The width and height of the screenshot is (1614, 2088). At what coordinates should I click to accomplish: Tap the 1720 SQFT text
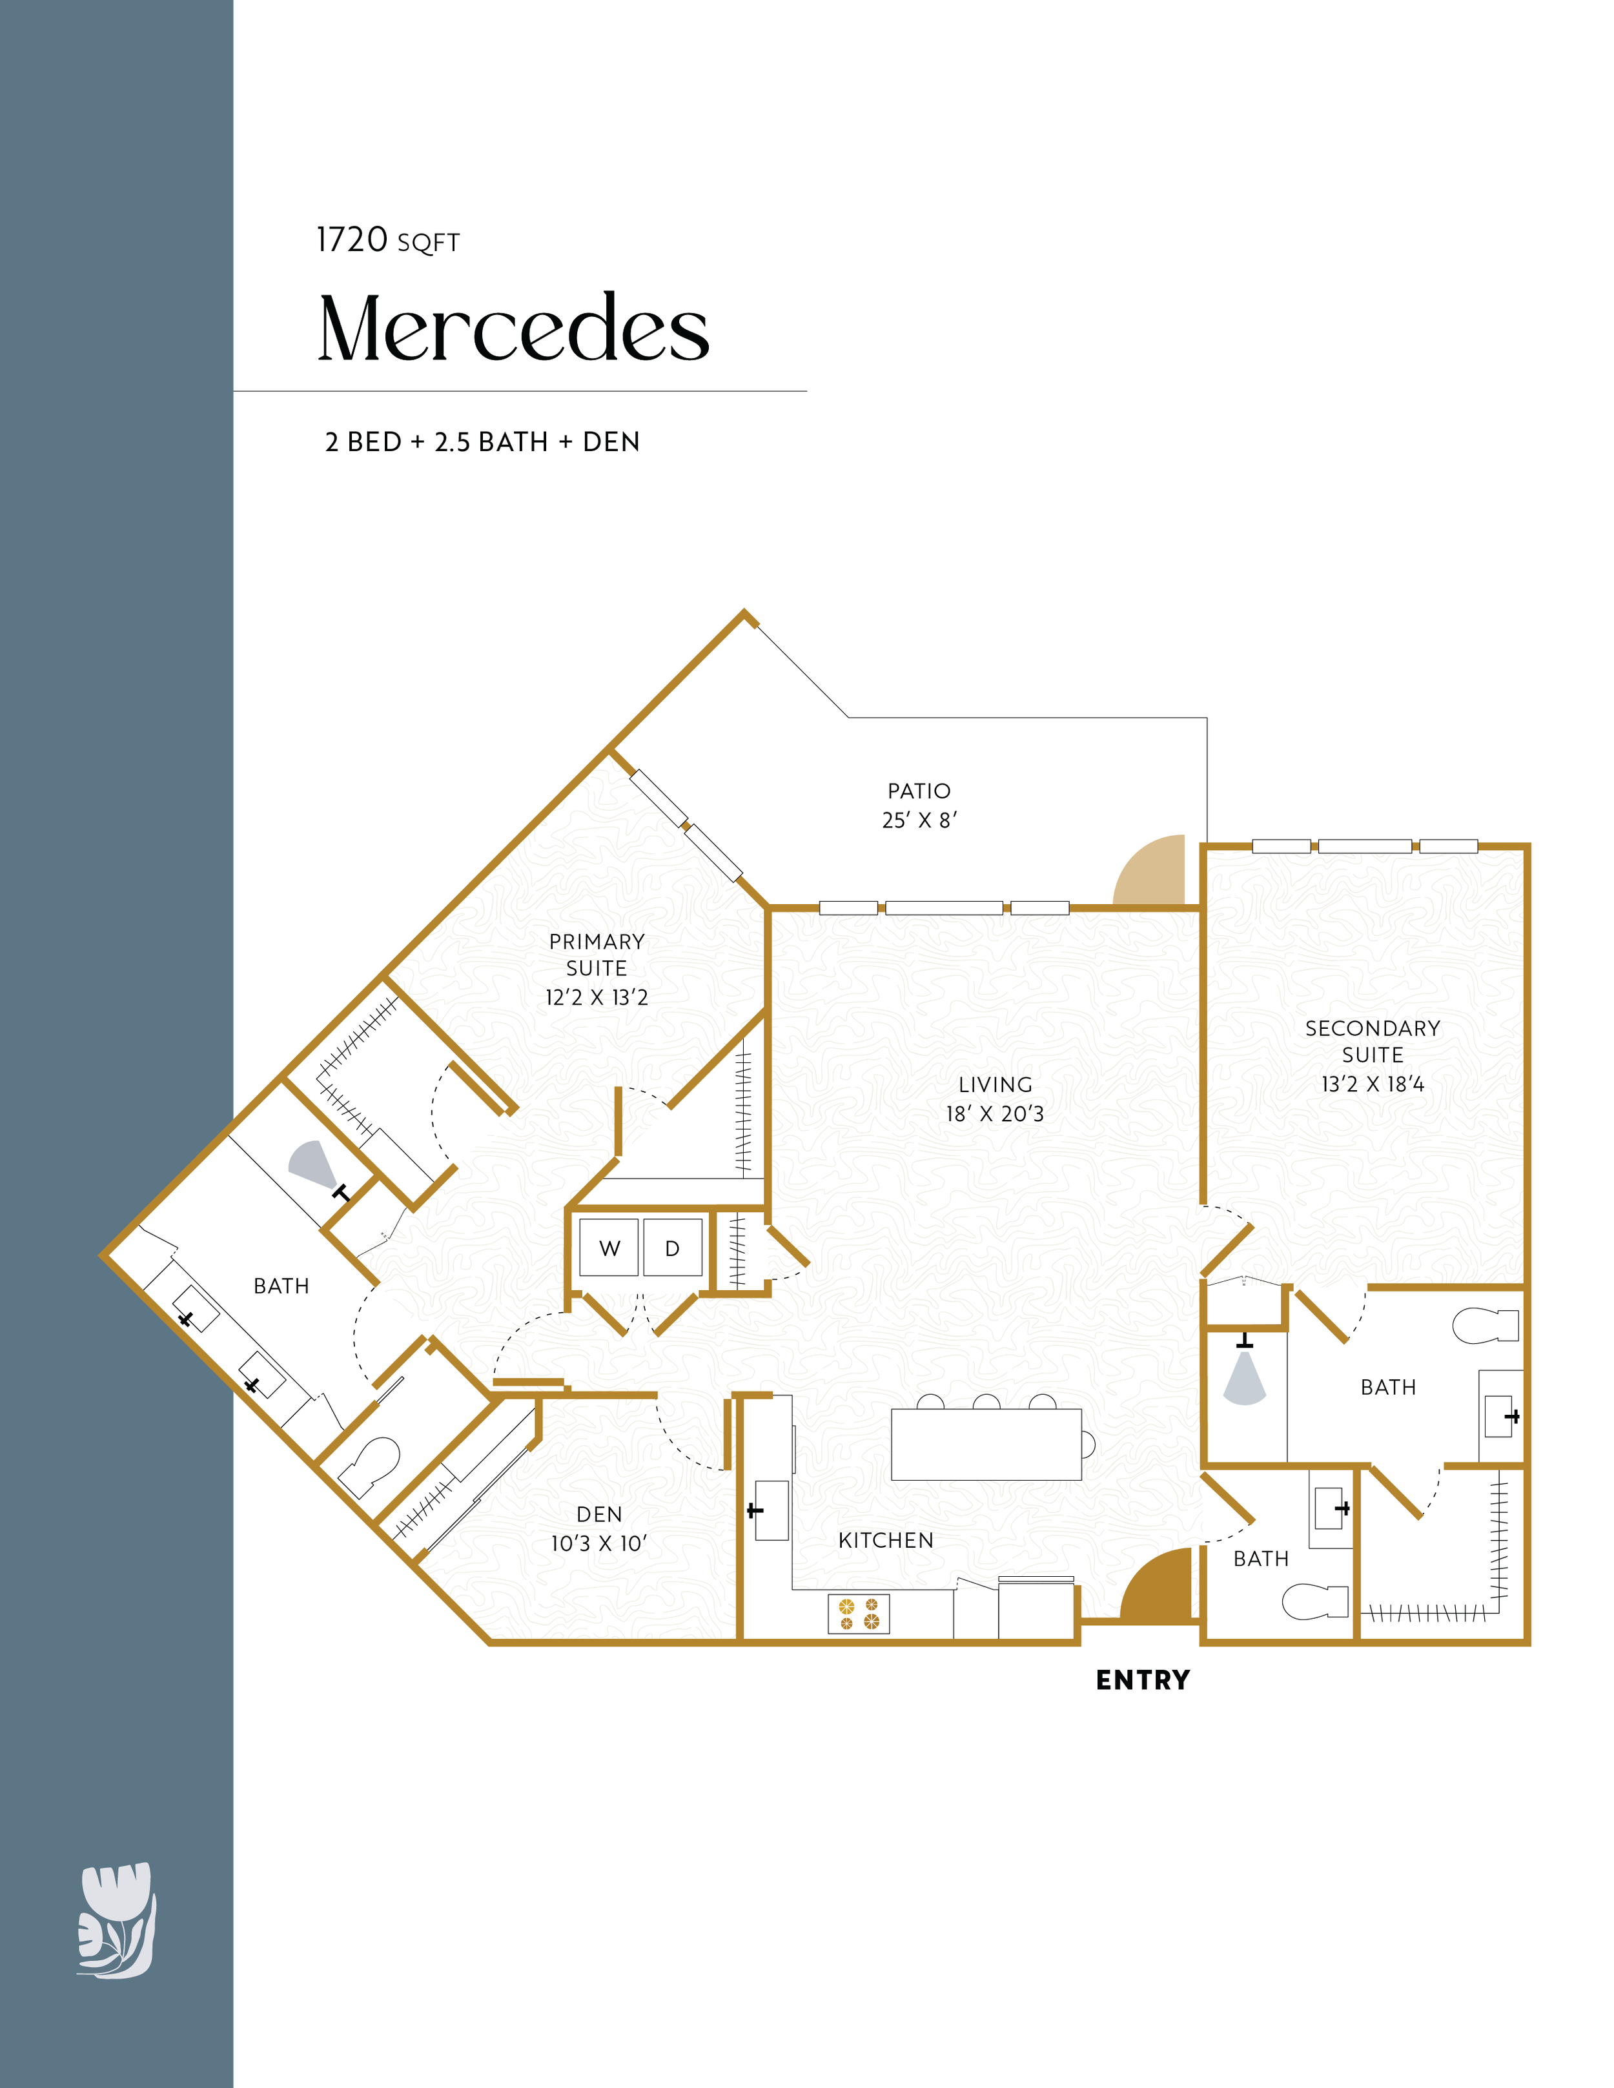388,240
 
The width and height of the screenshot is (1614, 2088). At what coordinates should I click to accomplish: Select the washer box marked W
609,1247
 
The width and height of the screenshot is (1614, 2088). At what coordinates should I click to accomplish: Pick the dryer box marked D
672,1247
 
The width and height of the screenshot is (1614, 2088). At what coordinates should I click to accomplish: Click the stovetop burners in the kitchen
859,1613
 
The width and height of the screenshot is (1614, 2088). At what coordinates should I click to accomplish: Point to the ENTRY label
1143,1680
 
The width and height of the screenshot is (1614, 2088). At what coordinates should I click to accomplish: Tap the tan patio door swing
1149,870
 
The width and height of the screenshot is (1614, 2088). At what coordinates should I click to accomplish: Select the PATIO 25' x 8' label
919,805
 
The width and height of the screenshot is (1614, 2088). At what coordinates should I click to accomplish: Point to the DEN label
600,1514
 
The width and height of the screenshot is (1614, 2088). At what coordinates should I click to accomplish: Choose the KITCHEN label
885,1540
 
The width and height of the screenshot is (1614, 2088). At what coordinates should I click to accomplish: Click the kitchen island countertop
986,1444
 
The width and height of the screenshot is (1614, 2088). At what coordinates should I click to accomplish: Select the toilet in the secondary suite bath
1485,1325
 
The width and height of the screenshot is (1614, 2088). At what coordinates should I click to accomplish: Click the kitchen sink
771,1510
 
